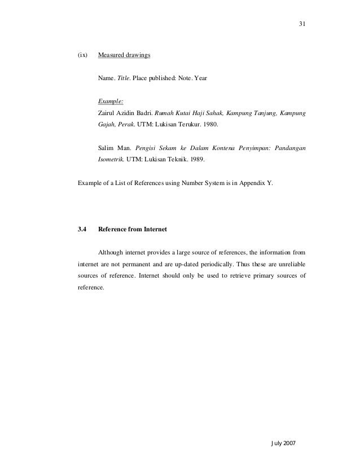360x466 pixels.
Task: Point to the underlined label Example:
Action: point(111,102)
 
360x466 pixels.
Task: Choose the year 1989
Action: point(196,159)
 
